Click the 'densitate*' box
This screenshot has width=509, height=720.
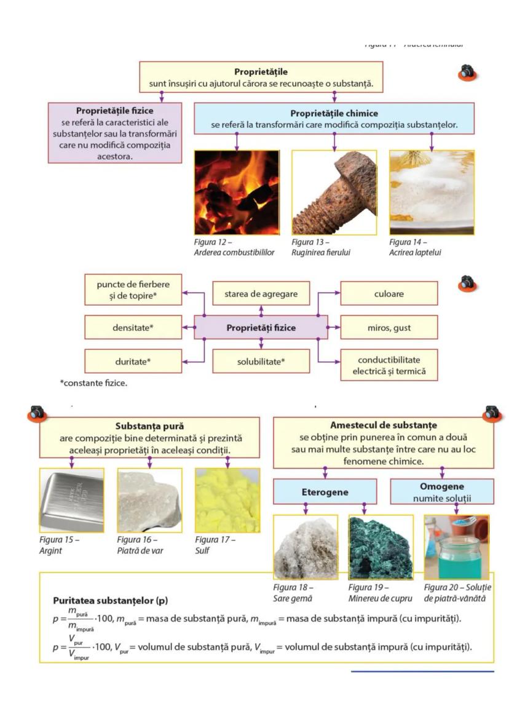(133, 328)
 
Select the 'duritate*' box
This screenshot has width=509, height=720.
(133, 361)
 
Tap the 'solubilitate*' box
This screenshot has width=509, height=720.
(261, 361)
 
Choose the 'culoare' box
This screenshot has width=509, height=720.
(389, 294)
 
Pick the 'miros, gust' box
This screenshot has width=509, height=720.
(389, 328)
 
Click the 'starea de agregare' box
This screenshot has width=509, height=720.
(261, 294)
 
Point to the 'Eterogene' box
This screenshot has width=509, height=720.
(325, 493)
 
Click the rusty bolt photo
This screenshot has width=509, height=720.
(334, 192)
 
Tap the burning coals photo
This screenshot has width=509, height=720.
(237, 192)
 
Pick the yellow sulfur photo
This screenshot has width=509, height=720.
(227, 500)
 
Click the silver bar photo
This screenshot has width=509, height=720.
(71, 500)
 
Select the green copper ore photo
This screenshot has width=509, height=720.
(381, 547)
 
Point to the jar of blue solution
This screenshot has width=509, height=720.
(456, 547)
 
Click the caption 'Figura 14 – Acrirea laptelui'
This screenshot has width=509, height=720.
(416, 247)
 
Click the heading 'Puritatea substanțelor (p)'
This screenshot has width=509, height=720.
(111, 600)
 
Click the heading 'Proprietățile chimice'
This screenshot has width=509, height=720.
(334, 113)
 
